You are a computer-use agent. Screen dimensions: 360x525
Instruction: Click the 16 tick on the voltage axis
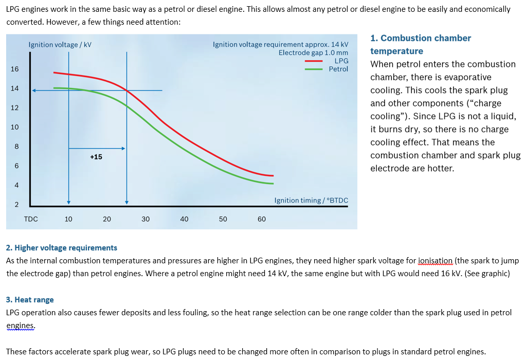[x=14, y=69]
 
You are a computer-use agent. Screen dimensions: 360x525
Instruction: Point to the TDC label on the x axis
[x=31, y=219]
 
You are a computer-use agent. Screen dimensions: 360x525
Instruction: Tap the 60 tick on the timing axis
[x=262, y=219]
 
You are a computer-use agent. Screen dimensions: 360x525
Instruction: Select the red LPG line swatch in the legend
[x=313, y=61]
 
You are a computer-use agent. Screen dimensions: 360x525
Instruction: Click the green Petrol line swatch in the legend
[x=313, y=69]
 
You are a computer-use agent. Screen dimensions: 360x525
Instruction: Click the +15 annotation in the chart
[x=96, y=157]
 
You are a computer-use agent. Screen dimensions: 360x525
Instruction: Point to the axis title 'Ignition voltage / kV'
[x=60, y=45]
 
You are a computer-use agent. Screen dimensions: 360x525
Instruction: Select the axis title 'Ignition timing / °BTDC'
[x=311, y=200]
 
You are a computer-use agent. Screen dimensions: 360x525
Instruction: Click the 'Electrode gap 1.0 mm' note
[x=313, y=52]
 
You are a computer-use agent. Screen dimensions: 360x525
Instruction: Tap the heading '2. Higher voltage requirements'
[x=62, y=248]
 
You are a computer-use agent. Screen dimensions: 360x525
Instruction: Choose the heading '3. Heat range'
[x=30, y=299]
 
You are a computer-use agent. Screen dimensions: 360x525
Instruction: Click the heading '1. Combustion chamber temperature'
[x=420, y=45]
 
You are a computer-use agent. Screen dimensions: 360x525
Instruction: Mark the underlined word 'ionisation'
[x=436, y=261]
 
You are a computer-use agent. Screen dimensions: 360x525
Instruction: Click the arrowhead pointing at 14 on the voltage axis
[x=34, y=91]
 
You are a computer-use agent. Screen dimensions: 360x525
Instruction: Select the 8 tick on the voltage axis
[x=16, y=147]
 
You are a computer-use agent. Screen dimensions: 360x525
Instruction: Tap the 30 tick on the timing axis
[x=146, y=219]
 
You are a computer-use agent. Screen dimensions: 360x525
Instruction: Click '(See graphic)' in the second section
[x=487, y=273]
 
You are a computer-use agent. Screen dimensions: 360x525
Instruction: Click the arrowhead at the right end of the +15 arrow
[x=123, y=149]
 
